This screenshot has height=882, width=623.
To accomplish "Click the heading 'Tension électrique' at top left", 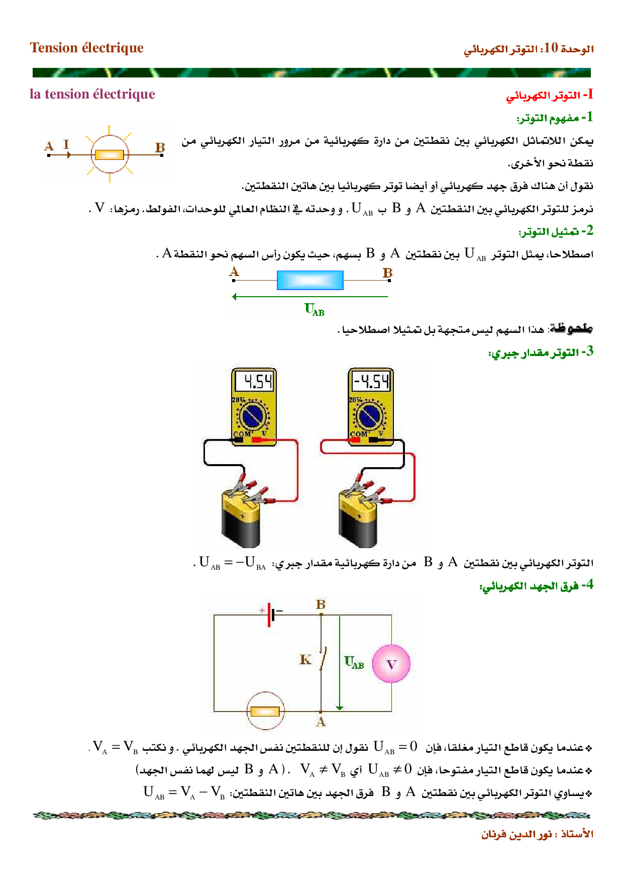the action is click(x=87, y=48).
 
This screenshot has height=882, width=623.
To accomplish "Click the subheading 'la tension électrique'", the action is click(x=92, y=95).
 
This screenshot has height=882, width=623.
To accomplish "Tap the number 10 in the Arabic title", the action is click(x=551, y=48).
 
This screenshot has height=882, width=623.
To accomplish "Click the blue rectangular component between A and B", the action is click(x=310, y=280).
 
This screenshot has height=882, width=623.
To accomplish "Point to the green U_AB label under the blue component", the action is click(x=315, y=309).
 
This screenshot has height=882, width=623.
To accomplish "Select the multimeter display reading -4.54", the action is click(x=371, y=382).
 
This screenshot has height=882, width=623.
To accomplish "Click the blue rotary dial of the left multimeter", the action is click(x=254, y=416).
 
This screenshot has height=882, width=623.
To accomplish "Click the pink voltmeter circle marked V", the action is click(x=391, y=664).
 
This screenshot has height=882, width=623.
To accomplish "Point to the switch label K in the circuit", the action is click(x=305, y=660).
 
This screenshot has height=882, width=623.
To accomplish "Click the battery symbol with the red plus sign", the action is click(x=271, y=614).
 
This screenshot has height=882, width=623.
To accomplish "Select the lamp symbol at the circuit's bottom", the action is click(x=265, y=711).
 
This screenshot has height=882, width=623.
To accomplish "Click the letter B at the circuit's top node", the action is click(x=321, y=604).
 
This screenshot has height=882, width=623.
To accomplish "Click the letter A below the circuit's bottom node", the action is click(x=321, y=722).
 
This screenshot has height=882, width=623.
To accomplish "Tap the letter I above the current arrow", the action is click(x=66, y=145).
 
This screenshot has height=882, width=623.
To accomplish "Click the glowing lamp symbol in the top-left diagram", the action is click(x=110, y=154).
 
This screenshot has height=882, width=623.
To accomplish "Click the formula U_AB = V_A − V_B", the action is click(x=184, y=793).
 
